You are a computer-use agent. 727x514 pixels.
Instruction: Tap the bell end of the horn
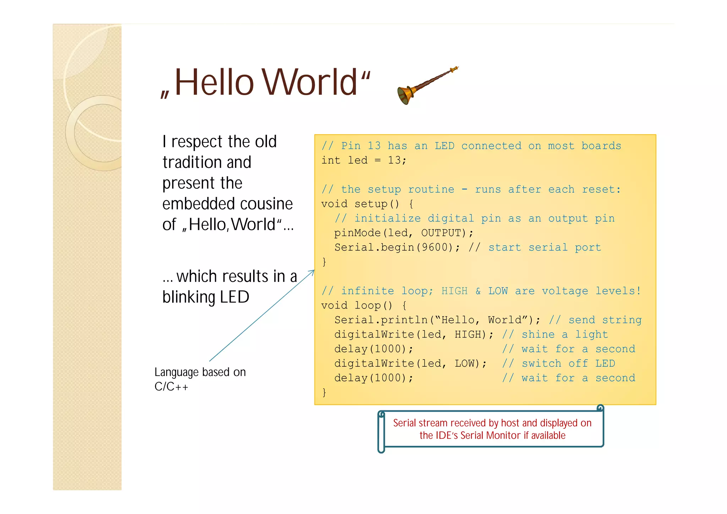pyautogui.click(x=405, y=95)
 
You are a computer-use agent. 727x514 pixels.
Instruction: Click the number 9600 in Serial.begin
pyautogui.click(x=434, y=247)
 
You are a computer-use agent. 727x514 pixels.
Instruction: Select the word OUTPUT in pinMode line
pyautogui.click(x=443, y=233)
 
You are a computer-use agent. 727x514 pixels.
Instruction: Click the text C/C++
pyautogui.click(x=171, y=387)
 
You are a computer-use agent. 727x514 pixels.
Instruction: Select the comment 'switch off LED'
pyautogui.click(x=568, y=363)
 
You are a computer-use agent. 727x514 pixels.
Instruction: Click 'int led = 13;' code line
pyautogui.click(x=363, y=160)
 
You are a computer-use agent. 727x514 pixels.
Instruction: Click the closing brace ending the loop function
pyautogui.click(x=324, y=392)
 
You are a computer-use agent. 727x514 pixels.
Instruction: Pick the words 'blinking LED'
pyautogui.click(x=206, y=297)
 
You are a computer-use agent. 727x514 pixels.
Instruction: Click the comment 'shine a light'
pyautogui.click(x=564, y=334)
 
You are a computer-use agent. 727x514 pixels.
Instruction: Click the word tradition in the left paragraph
pyautogui.click(x=207, y=162)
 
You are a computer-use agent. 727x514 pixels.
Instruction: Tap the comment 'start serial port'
pyautogui.click(x=545, y=247)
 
